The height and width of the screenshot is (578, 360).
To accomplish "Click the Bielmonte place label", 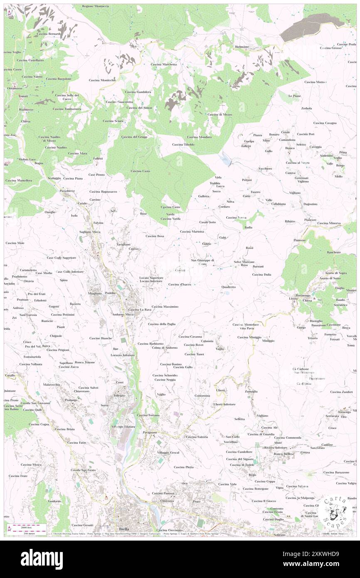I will coord(242,47).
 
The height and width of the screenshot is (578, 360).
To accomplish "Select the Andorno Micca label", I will coord(123,314).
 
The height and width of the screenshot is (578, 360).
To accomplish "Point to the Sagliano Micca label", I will coord(90,232).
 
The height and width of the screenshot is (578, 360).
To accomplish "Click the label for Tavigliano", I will coord(123,244).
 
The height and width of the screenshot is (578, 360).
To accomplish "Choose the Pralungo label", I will coord(72,400).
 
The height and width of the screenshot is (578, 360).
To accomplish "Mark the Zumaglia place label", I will coord(251,391).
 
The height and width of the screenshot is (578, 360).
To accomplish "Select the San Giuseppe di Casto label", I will coord(202,262).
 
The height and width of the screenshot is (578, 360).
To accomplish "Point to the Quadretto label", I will coord(229,287).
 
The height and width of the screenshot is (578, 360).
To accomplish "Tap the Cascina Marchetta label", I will coord(164,64).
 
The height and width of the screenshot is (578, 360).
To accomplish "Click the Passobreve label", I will coord(67,191).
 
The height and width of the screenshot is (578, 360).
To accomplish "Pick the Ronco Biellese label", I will coord(284,454).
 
